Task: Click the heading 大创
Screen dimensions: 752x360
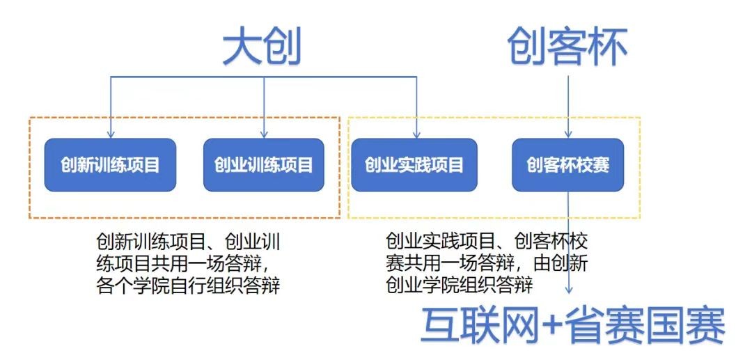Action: tap(262, 49)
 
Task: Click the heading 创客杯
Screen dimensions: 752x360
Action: tap(568, 49)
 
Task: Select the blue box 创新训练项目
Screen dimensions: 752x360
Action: tap(110, 165)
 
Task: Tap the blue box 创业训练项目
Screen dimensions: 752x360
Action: tap(264, 165)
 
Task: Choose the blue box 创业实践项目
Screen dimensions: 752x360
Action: tap(414, 165)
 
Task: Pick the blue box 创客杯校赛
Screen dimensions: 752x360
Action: tap(568, 165)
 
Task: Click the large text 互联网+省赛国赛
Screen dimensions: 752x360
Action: tap(572, 325)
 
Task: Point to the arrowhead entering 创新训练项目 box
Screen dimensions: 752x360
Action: tap(111, 135)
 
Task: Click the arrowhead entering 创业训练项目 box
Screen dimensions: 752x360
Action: tap(264, 135)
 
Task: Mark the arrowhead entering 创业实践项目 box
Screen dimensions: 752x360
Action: tap(416, 135)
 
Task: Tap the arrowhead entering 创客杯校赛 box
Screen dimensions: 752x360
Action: tap(568, 135)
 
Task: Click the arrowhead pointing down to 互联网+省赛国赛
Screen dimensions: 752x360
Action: tap(569, 290)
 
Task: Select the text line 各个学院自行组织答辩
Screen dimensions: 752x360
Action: tap(189, 286)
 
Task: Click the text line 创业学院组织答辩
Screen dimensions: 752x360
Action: tap(460, 286)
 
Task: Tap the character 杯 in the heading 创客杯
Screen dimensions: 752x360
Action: tap(608, 49)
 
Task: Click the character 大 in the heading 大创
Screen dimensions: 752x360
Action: tap(242, 49)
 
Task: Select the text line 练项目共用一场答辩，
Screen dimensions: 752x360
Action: tap(189, 264)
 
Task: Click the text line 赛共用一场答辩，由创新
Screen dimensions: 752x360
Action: tap(487, 264)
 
